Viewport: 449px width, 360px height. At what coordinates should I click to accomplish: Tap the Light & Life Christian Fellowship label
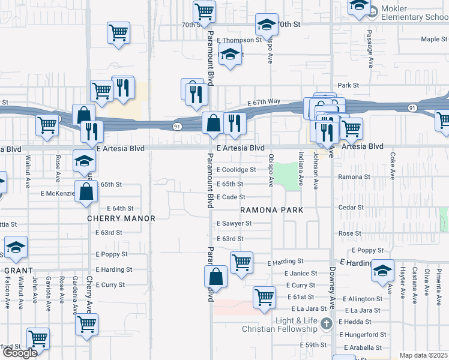pyautogui.click(x=296, y=325)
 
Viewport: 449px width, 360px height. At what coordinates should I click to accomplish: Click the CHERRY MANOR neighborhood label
pyautogui.click(x=121, y=219)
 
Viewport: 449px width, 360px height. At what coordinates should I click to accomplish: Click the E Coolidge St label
pyautogui.click(x=237, y=170)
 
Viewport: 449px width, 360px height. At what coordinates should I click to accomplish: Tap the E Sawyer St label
pyautogui.click(x=234, y=223)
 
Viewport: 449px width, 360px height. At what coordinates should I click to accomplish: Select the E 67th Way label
pyautogui.click(x=264, y=103)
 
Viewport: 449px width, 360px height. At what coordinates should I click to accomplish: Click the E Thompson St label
pyautogui.click(x=240, y=40)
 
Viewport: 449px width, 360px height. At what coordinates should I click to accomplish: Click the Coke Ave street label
pyautogui.click(x=393, y=166)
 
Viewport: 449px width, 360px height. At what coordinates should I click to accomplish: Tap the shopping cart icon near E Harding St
pyautogui.click(x=241, y=262)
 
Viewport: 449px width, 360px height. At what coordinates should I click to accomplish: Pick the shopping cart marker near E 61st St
pyautogui.click(x=264, y=296)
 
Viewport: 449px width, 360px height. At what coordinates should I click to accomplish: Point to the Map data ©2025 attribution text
pyautogui.click(x=424, y=355)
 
